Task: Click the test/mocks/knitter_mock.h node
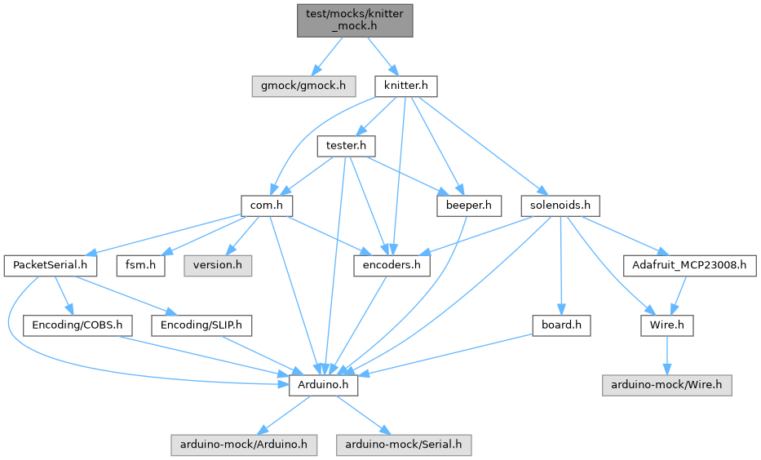pyautogui.click(x=355, y=19)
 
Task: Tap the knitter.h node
pyautogui.click(x=406, y=85)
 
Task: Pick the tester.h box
pyautogui.click(x=346, y=146)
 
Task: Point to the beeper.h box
pyautogui.click(x=469, y=206)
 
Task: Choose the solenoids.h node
pyautogui.click(x=560, y=206)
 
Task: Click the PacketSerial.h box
pyautogui.click(x=51, y=265)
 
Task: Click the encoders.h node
pyautogui.click(x=392, y=265)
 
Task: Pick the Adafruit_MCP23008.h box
pyautogui.click(x=689, y=265)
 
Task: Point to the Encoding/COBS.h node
pyautogui.click(x=77, y=325)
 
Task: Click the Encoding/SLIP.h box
pyautogui.click(x=201, y=325)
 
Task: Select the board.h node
pyautogui.click(x=560, y=325)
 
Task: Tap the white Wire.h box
pyautogui.click(x=666, y=325)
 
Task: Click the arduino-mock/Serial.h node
pyautogui.click(x=404, y=445)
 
